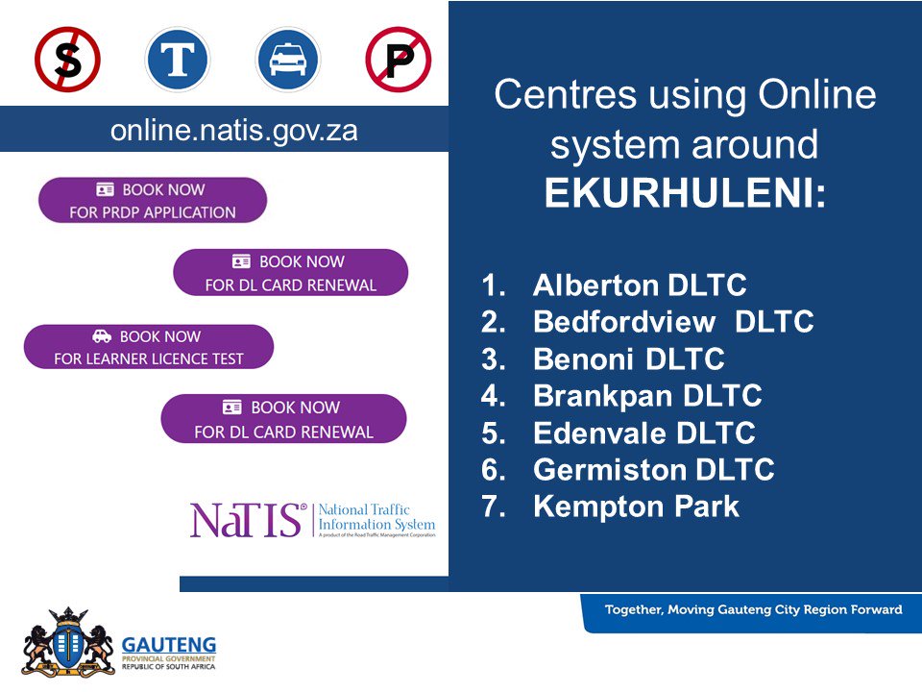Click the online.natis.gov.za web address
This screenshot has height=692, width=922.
click(x=234, y=131)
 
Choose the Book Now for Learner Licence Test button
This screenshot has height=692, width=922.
click(x=149, y=347)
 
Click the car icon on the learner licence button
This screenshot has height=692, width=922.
click(x=102, y=336)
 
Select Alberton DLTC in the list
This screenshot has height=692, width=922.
click(x=640, y=285)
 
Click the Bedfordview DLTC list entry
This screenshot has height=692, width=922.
click(x=673, y=322)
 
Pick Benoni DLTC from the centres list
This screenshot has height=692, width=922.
click(x=628, y=359)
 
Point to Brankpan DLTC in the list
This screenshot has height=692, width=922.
click(x=647, y=396)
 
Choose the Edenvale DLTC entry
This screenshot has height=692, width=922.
click(x=643, y=432)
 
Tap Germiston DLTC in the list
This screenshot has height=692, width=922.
click(x=653, y=470)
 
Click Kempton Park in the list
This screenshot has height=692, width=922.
click(x=636, y=507)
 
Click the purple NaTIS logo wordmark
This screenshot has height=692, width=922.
click(x=249, y=520)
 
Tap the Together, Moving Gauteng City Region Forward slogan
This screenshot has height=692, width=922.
click(x=753, y=609)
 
